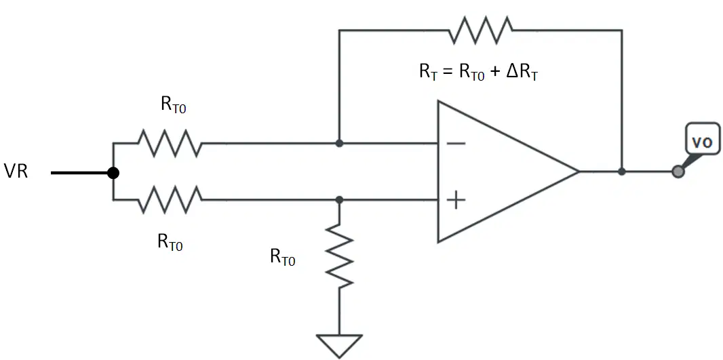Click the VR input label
pos(16,172)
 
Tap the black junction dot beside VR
pos(113,173)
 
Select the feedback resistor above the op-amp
pos(480,30)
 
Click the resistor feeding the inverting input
pos(170,143)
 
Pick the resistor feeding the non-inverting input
pos(170,199)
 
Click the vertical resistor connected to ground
pos(339,256)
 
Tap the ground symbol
pos(339,346)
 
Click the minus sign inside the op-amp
pos(456,143)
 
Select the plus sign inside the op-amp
pos(456,201)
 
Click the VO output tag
pos(703,142)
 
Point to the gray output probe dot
pos(678,172)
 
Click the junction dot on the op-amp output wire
pos(622,172)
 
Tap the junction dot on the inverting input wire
pos(339,143)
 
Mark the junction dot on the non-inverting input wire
pos(339,199)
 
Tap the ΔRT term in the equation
pos(522,74)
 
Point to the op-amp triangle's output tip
pos(579,172)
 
